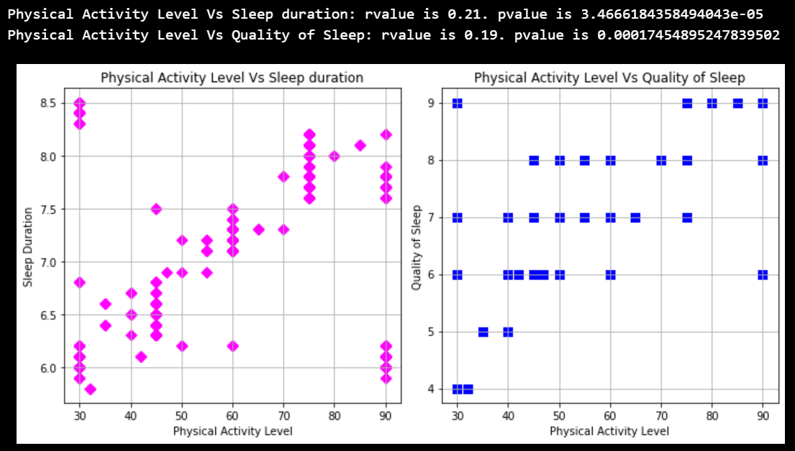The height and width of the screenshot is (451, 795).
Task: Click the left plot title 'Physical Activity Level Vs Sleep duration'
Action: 232,77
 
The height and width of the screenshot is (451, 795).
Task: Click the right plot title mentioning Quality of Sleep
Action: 609,77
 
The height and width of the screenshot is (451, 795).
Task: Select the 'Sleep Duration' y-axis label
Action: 28,247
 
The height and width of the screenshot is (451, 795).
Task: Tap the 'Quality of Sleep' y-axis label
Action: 416,247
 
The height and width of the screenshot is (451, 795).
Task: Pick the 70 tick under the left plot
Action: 283,416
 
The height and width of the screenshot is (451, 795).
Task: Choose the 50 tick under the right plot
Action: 559,416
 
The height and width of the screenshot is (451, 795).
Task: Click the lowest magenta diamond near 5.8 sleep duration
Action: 90,389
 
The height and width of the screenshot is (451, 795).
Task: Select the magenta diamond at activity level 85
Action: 360,145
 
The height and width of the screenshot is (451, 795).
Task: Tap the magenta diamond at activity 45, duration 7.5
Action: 156,209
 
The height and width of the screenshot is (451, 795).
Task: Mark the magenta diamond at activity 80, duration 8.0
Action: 334,156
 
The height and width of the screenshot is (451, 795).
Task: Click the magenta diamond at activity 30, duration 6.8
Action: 79,282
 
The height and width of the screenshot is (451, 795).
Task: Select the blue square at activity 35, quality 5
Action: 483,332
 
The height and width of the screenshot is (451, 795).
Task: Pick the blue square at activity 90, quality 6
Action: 763,275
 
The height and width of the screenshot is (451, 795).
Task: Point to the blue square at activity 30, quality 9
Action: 457,103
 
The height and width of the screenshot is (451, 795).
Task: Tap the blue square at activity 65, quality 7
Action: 635,217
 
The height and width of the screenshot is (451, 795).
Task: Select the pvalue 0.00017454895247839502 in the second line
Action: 689,35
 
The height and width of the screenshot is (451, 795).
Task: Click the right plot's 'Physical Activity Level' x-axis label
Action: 609,431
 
